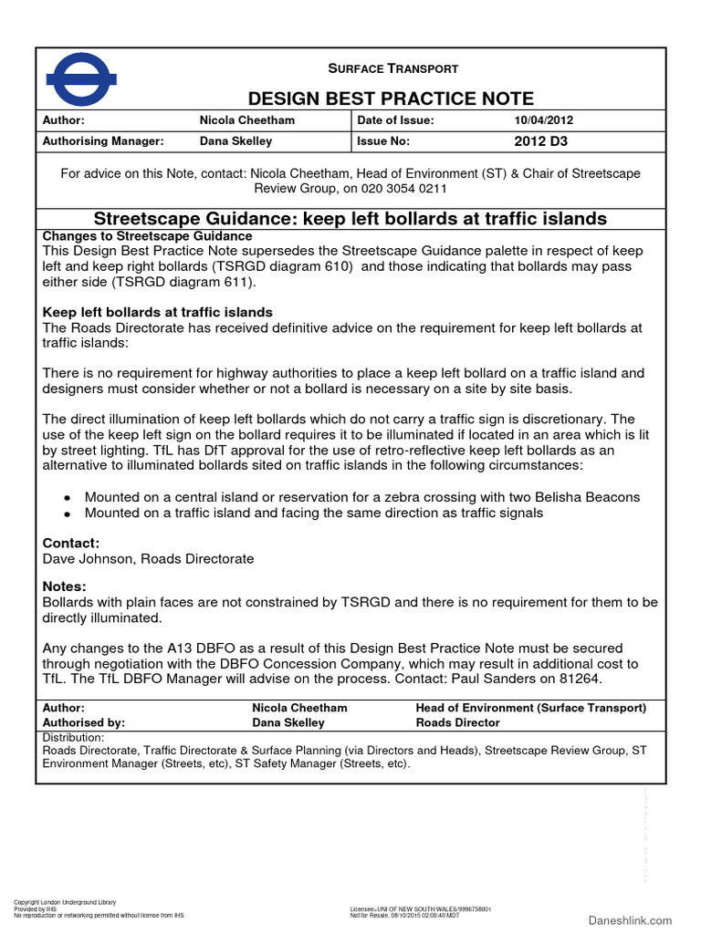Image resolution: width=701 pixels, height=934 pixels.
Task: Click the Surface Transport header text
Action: pos(392,68)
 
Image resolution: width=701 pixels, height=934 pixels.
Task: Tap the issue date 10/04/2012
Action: pos(544,120)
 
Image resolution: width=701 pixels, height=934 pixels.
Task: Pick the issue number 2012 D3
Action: pos(540,141)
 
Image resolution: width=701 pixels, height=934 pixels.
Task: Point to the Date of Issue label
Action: pos(395,120)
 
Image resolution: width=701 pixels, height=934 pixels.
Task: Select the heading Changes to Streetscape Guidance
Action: pos(134,236)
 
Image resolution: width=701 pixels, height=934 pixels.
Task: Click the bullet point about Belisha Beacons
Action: pos(67,498)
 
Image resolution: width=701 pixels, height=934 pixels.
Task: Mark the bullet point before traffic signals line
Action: pos(67,514)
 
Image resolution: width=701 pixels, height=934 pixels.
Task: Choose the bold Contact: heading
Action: pos(71,543)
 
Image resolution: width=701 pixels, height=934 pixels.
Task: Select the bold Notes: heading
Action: pos(65,586)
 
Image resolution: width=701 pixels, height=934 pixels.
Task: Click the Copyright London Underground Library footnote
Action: pos(64,902)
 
